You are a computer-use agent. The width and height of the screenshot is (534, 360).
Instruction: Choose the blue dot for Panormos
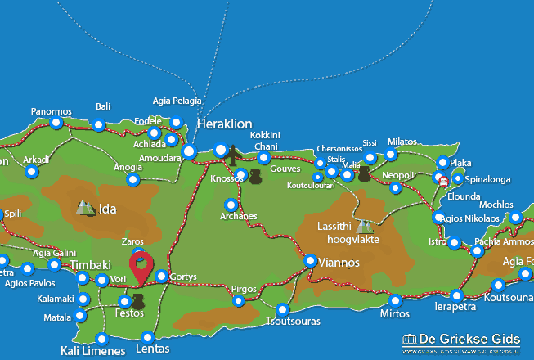pyautogui.click(x=56, y=124)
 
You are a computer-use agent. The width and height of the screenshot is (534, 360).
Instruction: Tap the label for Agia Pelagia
pyautogui.click(x=177, y=101)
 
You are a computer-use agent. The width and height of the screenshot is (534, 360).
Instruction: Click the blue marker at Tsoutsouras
pyautogui.click(x=283, y=310)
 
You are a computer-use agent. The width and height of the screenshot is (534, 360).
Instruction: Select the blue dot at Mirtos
pyautogui.click(x=396, y=300)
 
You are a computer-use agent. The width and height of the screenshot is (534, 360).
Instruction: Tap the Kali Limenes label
pyautogui.click(x=93, y=352)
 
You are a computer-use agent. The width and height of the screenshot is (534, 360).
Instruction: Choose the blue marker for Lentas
pyautogui.click(x=147, y=337)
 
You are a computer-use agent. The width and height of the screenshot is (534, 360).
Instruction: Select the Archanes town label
pyautogui.click(x=239, y=217)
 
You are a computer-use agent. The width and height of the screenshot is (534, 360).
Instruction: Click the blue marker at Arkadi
pyautogui.click(x=31, y=172)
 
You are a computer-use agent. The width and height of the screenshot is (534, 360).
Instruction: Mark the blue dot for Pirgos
pyautogui.click(x=238, y=301)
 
